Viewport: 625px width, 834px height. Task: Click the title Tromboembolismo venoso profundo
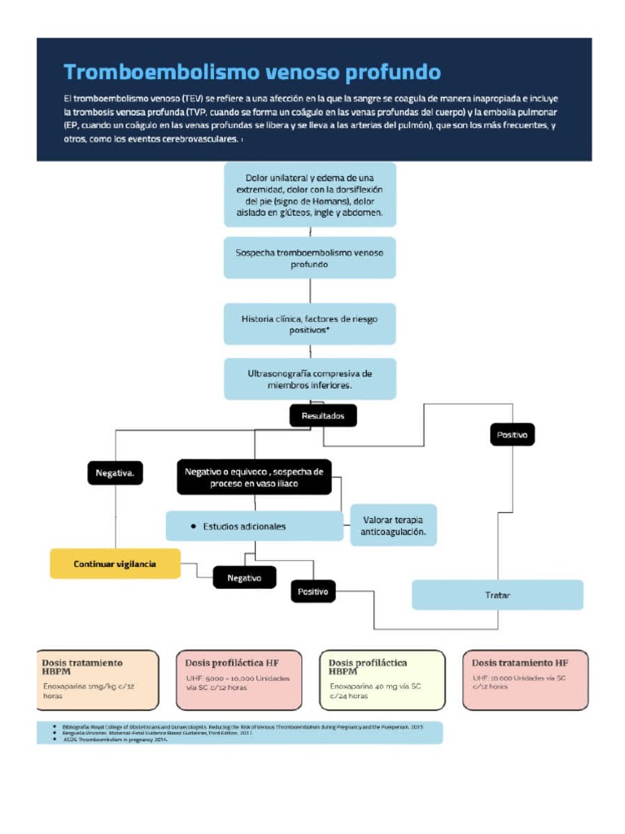pyautogui.click(x=252, y=72)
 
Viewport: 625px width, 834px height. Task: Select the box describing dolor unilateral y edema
pyautogui.click(x=309, y=194)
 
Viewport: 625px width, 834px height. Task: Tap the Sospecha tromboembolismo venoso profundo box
pyautogui.click(x=309, y=258)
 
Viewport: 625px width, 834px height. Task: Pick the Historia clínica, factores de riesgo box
pyautogui.click(x=309, y=324)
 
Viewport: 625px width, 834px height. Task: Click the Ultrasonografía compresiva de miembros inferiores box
pyautogui.click(x=309, y=379)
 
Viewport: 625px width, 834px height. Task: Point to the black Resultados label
pyautogui.click(x=323, y=416)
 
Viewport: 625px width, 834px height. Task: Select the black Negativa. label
pyautogui.click(x=116, y=472)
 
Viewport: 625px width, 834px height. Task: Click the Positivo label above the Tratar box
pyautogui.click(x=513, y=435)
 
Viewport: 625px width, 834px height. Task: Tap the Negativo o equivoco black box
pyautogui.click(x=254, y=477)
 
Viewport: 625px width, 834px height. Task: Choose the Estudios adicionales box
pyautogui.click(x=254, y=526)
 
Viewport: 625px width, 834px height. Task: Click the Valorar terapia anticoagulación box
pyautogui.click(x=393, y=526)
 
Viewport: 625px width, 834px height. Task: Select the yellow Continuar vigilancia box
pyautogui.click(x=115, y=564)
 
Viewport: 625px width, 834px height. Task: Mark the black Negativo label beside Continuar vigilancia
pyautogui.click(x=244, y=577)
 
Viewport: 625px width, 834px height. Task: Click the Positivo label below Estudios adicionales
pyautogui.click(x=313, y=591)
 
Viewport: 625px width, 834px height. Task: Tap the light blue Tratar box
pyautogui.click(x=497, y=595)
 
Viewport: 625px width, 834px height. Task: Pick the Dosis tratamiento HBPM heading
pyautogui.click(x=82, y=668)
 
